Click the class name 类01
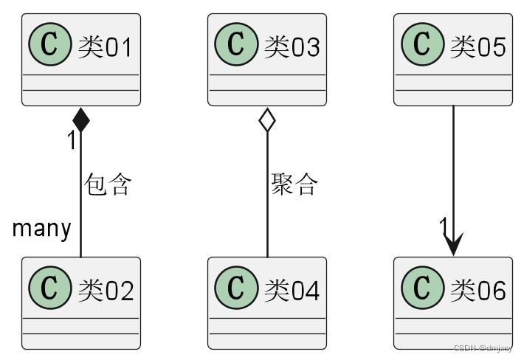point(105,47)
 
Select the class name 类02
point(105,291)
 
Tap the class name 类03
point(292,47)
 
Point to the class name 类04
point(292,291)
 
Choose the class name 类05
point(478,47)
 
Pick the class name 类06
point(478,291)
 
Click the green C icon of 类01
point(49,46)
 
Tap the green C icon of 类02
point(49,290)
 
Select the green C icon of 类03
point(236,46)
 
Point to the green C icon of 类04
point(236,290)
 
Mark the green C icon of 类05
point(422,46)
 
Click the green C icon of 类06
point(422,290)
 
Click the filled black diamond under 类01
point(80,120)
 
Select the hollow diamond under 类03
point(267,120)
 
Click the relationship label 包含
point(108,184)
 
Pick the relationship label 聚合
point(294,184)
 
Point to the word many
point(41,229)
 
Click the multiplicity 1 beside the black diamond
point(72,141)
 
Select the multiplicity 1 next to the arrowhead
point(443,225)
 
